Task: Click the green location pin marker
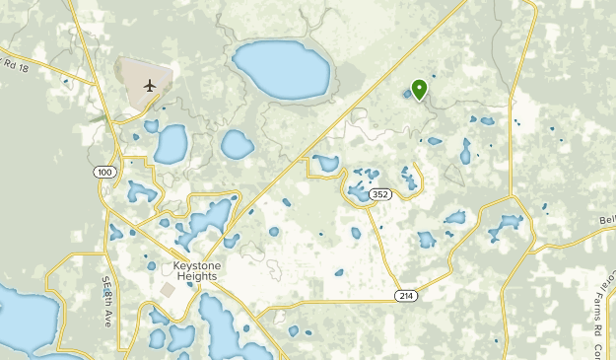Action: (x=419, y=90)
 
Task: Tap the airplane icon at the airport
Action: (x=150, y=84)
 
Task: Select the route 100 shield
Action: (x=104, y=173)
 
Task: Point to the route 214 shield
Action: (x=406, y=296)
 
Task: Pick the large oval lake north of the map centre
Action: (x=281, y=69)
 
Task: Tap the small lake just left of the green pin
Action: (x=407, y=95)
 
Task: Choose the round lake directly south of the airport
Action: (x=171, y=145)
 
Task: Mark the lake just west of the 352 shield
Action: (x=357, y=192)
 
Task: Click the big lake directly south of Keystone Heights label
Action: (x=222, y=325)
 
